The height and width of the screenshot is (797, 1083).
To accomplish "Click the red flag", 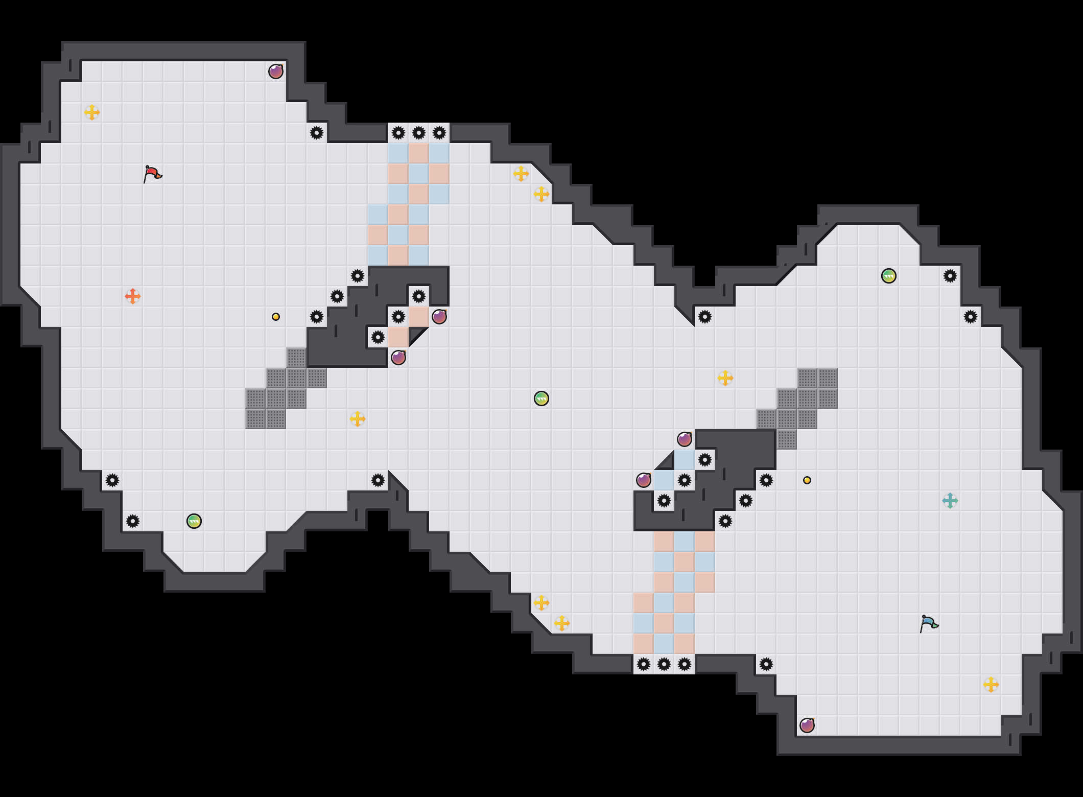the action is point(152,174).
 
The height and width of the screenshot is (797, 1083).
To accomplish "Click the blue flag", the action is point(929,623).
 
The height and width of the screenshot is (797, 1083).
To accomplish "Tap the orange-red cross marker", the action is point(133,296).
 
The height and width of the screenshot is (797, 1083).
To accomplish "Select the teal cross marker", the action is point(950,501).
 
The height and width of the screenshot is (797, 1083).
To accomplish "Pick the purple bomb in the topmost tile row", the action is point(276,72).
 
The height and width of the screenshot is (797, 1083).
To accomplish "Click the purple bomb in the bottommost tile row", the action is point(807,725).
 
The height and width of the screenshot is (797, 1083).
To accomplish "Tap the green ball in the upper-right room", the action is point(889,276).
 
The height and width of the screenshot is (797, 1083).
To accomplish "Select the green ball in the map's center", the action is point(541,398).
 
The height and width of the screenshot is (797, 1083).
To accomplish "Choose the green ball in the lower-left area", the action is point(194,521).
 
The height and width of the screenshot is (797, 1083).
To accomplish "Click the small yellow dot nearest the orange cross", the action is point(276,317).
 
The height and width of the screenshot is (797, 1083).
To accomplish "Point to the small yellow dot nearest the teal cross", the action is point(807,480).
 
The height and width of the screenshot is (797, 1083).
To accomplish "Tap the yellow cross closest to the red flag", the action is point(92,112).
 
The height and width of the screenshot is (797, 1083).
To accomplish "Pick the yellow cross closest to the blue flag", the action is point(991,685).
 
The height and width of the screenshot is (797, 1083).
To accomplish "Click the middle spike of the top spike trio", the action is point(419,133).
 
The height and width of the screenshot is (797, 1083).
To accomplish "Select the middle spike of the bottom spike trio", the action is point(664,664).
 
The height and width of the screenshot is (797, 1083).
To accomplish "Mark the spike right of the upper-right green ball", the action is point(950,276).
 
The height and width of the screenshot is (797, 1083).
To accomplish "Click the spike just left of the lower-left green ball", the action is point(133,521).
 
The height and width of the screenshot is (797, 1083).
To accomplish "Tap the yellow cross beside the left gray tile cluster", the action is point(358,419).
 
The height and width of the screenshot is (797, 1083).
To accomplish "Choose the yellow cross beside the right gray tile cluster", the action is point(725,378).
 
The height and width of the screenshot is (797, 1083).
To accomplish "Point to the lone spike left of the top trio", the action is point(317,133).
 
